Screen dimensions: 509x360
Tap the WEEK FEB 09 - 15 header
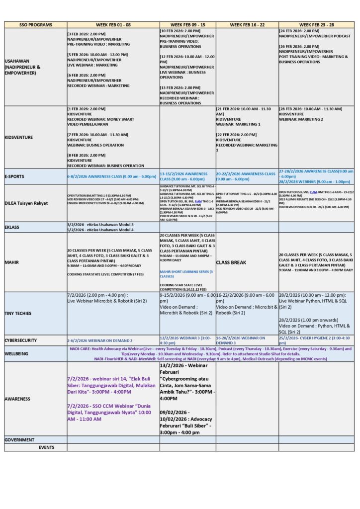coord(187,24)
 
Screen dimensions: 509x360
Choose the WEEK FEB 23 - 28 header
coord(316,24)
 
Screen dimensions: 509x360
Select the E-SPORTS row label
coord(15,176)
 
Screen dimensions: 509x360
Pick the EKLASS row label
coord(14,227)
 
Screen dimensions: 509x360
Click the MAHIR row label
coord(12,262)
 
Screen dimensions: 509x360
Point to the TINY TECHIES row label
coord(19,313)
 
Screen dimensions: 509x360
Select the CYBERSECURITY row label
coord(22,340)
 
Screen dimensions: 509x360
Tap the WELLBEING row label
coord(16,354)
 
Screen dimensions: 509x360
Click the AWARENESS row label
coord(17,399)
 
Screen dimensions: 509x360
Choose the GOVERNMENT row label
coord(19,439)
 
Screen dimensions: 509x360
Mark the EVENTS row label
coord(46,447)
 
